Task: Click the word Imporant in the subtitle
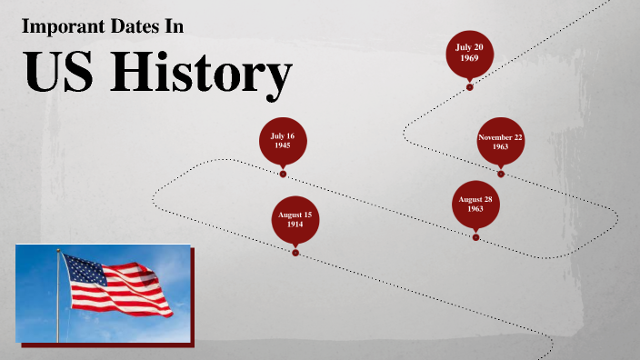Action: (60, 27)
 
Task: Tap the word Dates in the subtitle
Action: (130, 27)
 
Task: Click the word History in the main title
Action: (201, 75)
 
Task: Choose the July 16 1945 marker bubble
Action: (283, 141)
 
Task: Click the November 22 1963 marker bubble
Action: (500, 142)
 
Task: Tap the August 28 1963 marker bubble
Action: (475, 204)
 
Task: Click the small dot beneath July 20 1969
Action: (469, 87)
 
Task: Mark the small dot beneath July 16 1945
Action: (283, 174)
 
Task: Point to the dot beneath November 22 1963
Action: (500, 174)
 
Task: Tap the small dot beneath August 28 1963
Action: (475, 237)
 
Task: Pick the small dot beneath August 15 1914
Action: (295, 253)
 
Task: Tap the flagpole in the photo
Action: (60, 300)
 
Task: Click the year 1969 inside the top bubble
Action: (469, 58)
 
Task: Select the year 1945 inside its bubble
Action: (283, 145)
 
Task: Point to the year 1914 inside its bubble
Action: (295, 225)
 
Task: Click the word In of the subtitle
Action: (174, 27)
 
